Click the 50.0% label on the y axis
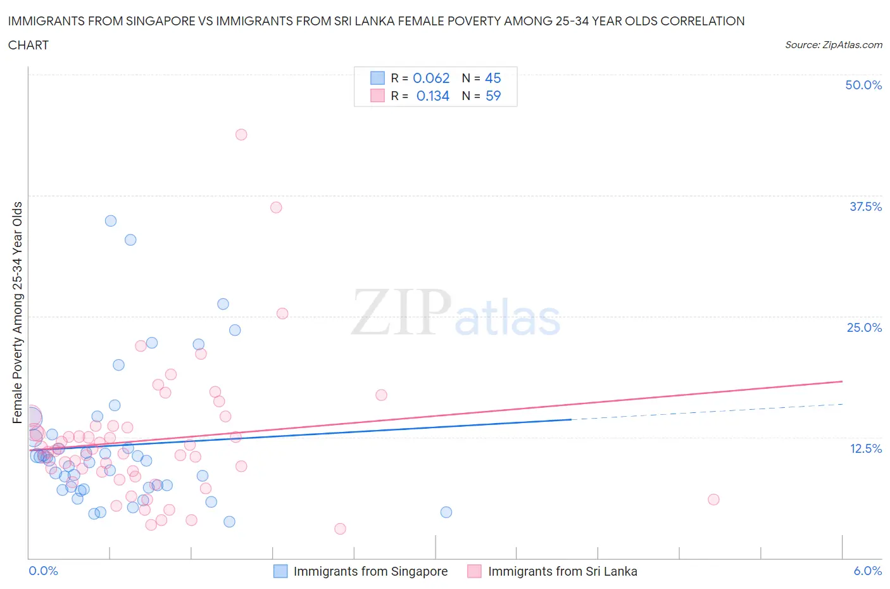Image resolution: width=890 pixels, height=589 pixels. pos(863,85)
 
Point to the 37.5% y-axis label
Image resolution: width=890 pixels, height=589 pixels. pos(865,206)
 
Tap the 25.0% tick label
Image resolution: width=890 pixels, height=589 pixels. pos(864,327)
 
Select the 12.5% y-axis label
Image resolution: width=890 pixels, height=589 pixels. pos(865,448)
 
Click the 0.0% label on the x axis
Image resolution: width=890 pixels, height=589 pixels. pos(43,571)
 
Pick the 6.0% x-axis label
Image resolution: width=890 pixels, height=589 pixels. pos(867,571)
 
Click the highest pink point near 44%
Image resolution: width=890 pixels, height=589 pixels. pos(241,134)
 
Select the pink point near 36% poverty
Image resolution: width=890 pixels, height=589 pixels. pos(276,207)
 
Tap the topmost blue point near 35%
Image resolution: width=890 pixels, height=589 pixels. pos(111,221)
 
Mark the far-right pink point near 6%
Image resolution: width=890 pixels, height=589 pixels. pos(713,499)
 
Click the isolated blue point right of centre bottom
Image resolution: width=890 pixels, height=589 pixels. pos(446,512)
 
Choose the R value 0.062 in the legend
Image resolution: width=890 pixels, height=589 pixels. pos(431,78)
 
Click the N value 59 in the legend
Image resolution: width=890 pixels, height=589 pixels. pos(492,96)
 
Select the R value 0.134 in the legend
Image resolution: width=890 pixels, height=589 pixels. pos(432,96)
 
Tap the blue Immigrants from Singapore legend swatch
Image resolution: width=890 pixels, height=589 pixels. pos(280,571)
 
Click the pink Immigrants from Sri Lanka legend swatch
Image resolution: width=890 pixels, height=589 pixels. pos(474,571)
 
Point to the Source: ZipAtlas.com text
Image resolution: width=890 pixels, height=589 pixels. pos(833,45)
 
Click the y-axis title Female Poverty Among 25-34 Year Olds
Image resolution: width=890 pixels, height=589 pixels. pos(18,312)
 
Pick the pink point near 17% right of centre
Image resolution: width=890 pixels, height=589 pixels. pos(381,395)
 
